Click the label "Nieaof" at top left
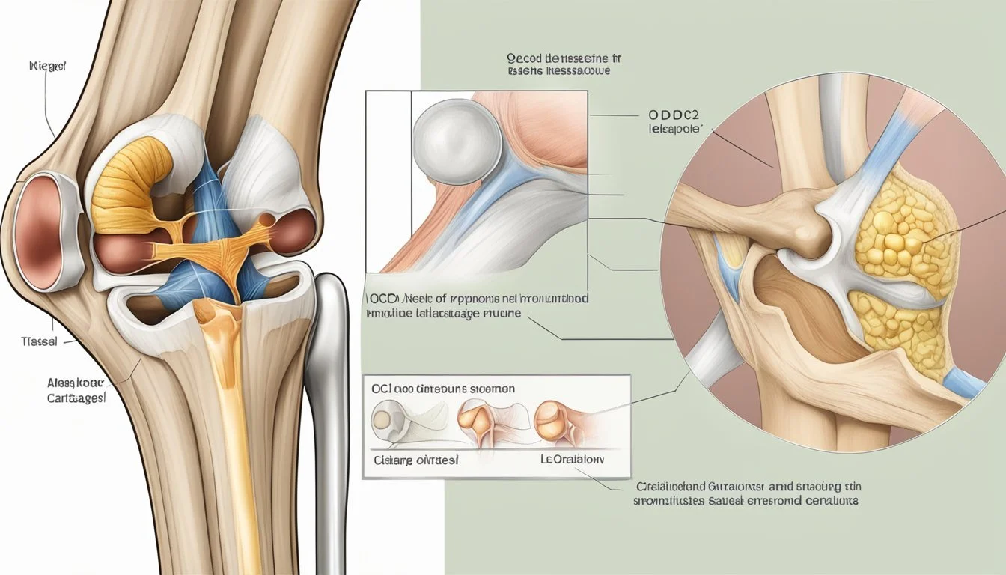47,67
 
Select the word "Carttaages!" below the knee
71,399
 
